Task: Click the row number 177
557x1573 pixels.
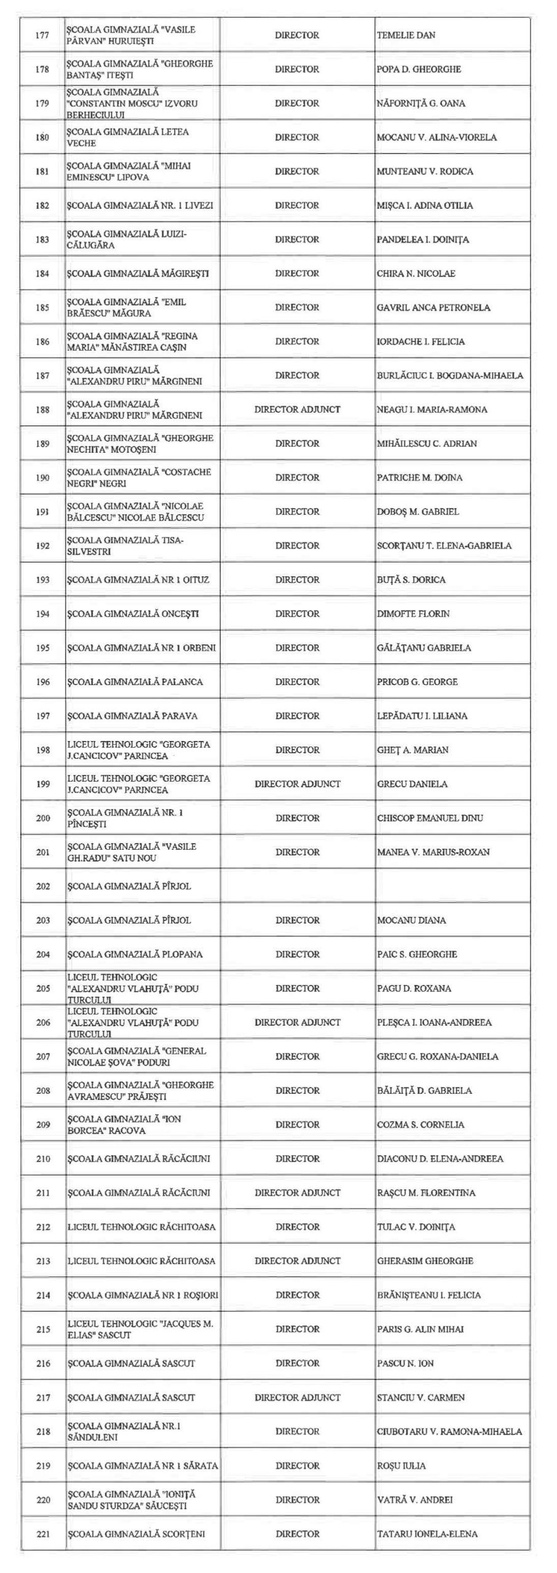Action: point(42,35)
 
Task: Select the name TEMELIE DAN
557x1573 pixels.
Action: point(406,35)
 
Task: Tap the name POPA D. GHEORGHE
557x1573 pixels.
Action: point(419,69)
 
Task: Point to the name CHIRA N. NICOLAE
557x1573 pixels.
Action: point(416,273)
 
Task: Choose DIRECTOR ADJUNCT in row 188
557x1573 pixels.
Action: point(297,409)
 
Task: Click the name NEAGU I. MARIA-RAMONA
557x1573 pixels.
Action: point(432,409)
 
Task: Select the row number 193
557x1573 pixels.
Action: point(42,579)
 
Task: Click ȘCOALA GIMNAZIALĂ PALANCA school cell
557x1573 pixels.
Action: point(135,681)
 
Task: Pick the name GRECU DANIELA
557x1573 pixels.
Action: point(412,783)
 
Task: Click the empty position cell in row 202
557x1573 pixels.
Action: point(297,885)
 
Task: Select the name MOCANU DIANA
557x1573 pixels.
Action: point(411,920)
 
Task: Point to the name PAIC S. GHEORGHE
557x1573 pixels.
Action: point(417,954)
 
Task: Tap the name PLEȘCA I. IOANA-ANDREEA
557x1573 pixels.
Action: point(434,1022)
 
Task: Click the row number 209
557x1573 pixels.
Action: point(42,1124)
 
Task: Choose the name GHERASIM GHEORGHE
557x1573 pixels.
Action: point(425,1260)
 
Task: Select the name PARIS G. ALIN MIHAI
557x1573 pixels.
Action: point(421,1328)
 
